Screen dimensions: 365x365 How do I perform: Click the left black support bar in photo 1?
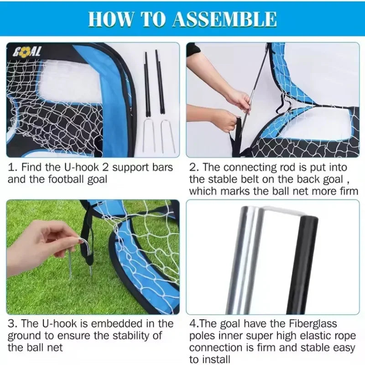point(148,84)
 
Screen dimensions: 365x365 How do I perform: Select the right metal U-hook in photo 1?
point(167,135)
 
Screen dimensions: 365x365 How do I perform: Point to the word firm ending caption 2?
point(348,191)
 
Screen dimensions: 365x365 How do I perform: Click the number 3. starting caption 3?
point(13,324)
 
